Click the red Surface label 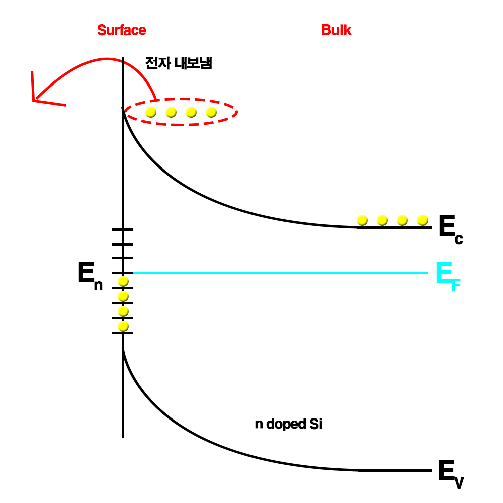(x=122, y=30)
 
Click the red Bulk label (x=337, y=30)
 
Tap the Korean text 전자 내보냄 (x=179, y=64)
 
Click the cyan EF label (x=447, y=276)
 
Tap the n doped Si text (x=288, y=424)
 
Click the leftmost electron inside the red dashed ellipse (x=151, y=112)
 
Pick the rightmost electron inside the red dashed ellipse (x=211, y=112)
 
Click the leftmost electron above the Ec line (x=362, y=220)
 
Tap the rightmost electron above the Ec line (x=423, y=220)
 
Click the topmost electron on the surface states (x=123, y=281)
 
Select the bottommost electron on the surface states (x=123, y=327)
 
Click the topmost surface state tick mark (x=122, y=229)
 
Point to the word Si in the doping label (x=314, y=424)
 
